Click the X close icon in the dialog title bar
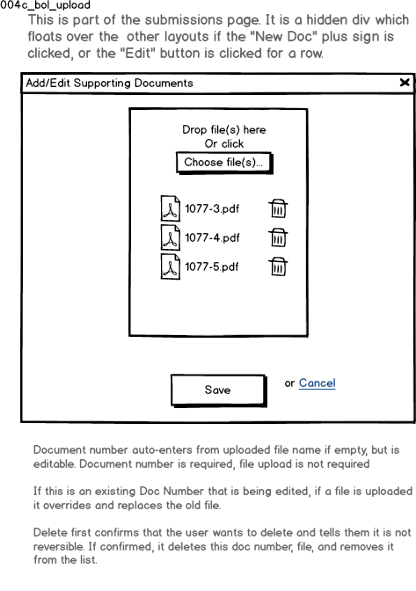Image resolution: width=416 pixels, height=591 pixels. click(x=405, y=82)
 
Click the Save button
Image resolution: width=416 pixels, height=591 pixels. click(x=218, y=390)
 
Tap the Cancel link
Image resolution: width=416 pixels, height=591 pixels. click(x=317, y=383)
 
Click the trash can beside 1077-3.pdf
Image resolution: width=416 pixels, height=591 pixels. click(x=278, y=208)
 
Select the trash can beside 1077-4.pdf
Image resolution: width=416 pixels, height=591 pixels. click(x=278, y=237)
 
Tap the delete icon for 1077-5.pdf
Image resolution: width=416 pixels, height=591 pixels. click(x=278, y=266)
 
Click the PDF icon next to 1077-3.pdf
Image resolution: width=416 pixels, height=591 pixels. click(x=171, y=208)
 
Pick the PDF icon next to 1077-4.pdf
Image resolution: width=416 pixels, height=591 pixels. click(x=171, y=237)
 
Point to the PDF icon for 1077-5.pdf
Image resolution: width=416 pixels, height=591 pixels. click(x=171, y=266)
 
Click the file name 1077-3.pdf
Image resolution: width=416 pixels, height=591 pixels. click(x=212, y=208)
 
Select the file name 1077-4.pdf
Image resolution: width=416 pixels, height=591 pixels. click(x=212, y=237)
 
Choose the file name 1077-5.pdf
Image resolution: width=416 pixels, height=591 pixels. click(x=212, y=266)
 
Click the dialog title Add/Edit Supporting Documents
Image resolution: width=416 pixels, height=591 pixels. click(x=109, y=83)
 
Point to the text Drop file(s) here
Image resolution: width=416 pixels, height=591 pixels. click(x=224, y=129)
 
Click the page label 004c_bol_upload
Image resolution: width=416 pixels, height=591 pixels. click(x=45, y=5)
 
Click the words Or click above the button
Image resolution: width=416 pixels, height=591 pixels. click(x=224, y=143)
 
